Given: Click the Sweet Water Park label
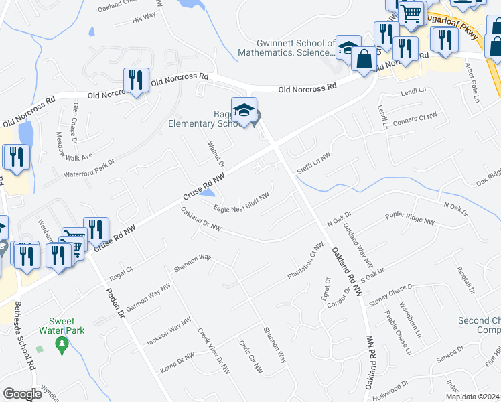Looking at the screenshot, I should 62,326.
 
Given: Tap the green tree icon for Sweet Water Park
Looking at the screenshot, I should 62,345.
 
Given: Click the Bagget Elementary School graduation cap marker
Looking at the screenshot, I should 244,111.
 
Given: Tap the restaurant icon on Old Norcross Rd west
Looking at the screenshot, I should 136,80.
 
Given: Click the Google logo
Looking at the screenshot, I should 22,394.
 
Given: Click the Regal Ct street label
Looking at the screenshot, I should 121,273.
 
